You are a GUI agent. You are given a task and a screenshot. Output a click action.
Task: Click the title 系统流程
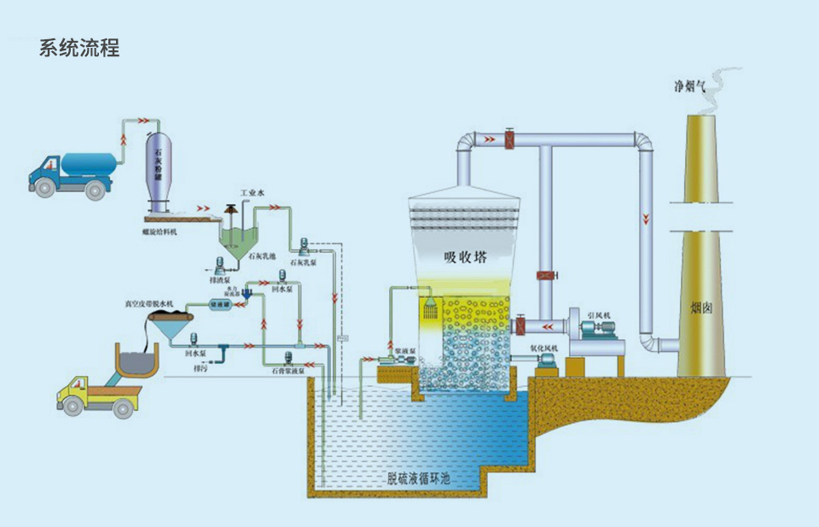tap(79, 48)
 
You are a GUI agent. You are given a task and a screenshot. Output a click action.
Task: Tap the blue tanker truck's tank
tap(85, 162)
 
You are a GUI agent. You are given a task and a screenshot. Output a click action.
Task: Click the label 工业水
tap(253, 194)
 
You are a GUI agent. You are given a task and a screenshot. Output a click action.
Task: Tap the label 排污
tap(201, 370)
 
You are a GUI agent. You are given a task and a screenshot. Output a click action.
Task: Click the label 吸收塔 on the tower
tap(465, 257)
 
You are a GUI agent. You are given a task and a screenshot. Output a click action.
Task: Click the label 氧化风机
tap(543, 348)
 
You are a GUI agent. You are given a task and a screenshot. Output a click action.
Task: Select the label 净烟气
tap(688, 86)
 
